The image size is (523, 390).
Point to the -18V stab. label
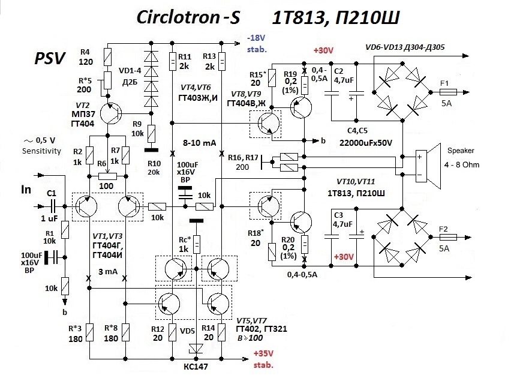(x=256, y=43)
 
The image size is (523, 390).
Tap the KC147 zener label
(x=196, y=367)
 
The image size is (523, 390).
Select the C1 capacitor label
(x=51, y=193)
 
